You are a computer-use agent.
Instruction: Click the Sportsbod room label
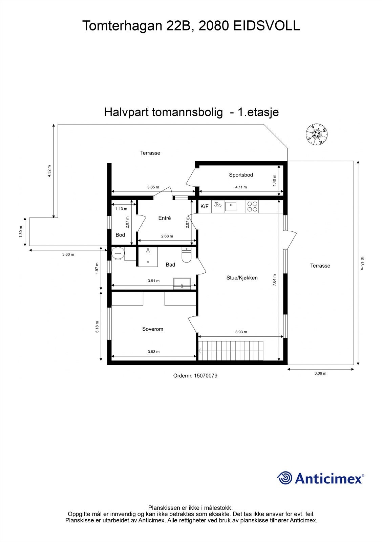[x=241, y=175]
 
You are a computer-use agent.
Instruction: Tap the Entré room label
[x=165, y=218]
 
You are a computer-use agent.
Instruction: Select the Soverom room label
[x=153, y=329]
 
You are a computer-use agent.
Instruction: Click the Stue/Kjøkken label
[x=242, y=278]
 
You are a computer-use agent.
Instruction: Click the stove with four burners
[x=252, y=207]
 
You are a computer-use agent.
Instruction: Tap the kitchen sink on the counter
[x=231, y=206]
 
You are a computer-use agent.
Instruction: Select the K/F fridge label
[x=205, y=206]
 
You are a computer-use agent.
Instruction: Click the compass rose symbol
[x=317, y=134]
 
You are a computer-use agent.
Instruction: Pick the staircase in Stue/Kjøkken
[x=231, y=351]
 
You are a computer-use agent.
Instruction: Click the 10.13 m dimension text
[x=361, y=263]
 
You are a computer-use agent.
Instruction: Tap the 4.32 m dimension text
[x=49, y=171]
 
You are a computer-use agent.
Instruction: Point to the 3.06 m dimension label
[x=320, y=373]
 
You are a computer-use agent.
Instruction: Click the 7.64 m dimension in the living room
[x=274, y=280]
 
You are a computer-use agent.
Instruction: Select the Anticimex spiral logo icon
[x=284, y=478]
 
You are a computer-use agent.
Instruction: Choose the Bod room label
[x=120, y=235]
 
